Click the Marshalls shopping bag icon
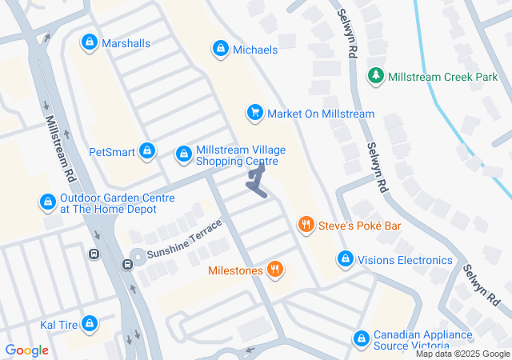pos(89,42)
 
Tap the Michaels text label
pos(255,50)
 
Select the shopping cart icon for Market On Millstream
pos(254,114)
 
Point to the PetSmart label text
pos(110,150)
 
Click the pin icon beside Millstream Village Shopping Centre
pos(183,152)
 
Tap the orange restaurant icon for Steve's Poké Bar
pos(305,226)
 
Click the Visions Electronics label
pos(405,260)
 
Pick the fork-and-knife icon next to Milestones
pos(275,270)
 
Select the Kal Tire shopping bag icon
pos(89,324)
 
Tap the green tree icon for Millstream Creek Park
pos(375,76)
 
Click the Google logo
pos(26,350)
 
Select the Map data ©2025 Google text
pos(462,354)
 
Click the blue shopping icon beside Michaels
pos(219,50)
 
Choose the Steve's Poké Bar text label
pos(359,226)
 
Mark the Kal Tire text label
pos(58,325)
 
